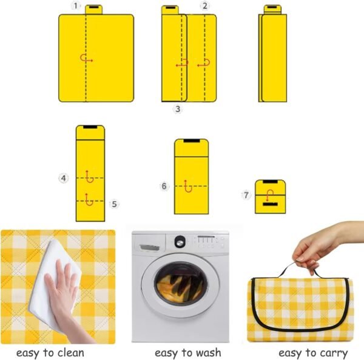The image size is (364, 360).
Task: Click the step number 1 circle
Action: click(76, 6)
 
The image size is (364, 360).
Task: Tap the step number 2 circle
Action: click(205, 6)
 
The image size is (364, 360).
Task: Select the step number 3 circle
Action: click(178, 109)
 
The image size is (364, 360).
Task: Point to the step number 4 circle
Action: click(64, 178)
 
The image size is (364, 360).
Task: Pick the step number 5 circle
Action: click(113, 204)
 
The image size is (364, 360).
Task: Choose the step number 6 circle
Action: click(164, 187)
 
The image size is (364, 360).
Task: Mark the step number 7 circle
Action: click(246, 195)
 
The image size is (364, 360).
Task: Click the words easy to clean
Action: click(50, 353)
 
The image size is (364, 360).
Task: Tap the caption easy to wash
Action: click(187, 353)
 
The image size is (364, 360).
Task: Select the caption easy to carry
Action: click(313, 353)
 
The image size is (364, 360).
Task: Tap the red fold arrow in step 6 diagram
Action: click(189, 187)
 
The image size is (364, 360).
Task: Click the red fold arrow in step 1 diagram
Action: click(86, 59)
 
